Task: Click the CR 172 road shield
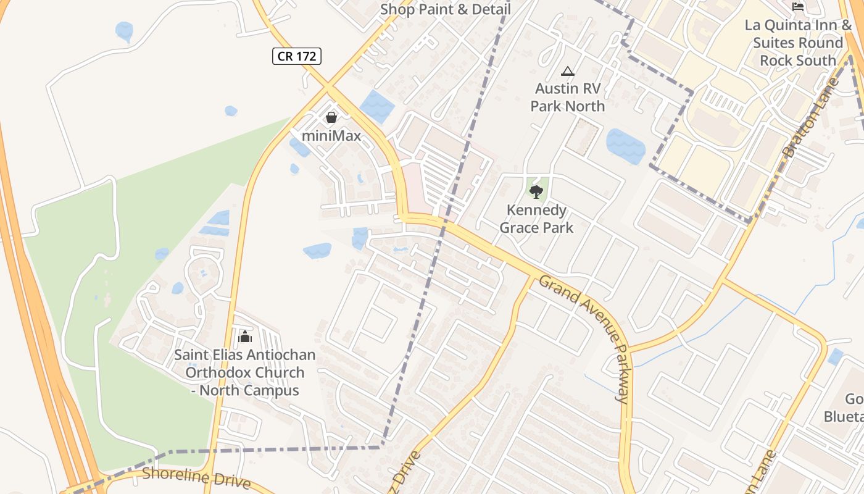coord(297,56)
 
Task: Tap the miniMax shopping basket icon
coord(331,117)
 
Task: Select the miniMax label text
coord(331,135)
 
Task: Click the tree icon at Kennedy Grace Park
coord(536,191)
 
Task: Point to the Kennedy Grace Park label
coord(536,219)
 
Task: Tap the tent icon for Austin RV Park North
coord(568,72)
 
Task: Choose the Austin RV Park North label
coord(568,97)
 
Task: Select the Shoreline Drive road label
coord(196,477)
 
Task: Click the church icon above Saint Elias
coord(245,337)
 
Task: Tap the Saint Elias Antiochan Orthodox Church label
coord(245,372)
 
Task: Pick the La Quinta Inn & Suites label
coord(798,43)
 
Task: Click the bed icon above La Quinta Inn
coord(798,7)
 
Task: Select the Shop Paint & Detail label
coord(445,9)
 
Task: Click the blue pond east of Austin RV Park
coord(626,146)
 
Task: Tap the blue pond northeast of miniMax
coord(376,106)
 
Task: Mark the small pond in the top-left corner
coord(124,31)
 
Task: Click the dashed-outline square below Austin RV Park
coord(583,137)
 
